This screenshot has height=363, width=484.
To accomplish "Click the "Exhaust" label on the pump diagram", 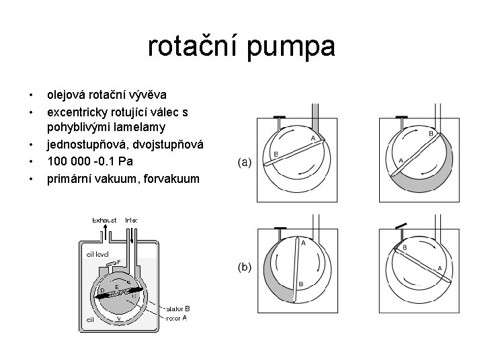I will [104, 220].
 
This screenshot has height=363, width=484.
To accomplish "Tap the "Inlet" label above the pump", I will [131, 220].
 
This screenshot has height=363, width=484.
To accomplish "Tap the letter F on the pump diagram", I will [118, 261].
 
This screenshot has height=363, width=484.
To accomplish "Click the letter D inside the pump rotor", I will [102, 290].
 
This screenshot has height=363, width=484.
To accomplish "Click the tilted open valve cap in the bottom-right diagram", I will [401, 224].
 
